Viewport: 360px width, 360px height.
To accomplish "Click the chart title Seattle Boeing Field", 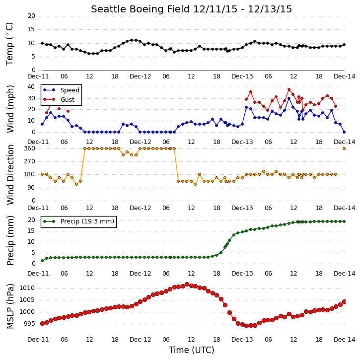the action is click(141, 9).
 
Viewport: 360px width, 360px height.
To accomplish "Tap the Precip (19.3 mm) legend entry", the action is click(79, 221).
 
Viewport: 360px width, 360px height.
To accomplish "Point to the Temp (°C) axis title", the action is click(9, 44).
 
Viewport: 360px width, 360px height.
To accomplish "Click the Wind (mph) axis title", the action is click(10, 109).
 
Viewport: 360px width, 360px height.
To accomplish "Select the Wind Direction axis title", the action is click(10, 174).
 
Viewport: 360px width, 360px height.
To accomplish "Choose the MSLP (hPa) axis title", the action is click(10, 306).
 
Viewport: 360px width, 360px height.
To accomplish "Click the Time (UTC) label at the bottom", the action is click(192, 350).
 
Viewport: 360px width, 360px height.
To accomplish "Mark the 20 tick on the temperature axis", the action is click(31, 16).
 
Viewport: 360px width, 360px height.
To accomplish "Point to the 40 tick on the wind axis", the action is click(31, 87).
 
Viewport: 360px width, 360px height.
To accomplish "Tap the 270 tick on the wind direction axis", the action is click(30, 161).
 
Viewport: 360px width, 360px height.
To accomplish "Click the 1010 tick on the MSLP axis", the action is click(27, 288).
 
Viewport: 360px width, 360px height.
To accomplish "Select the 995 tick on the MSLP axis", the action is click(29, 324).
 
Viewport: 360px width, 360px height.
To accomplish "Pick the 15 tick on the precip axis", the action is click(31, 231).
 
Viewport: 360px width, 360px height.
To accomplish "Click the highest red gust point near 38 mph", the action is click(289, 89).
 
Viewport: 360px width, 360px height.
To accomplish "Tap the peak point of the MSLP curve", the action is click(187, 284).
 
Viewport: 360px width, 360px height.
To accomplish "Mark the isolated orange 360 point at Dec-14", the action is click(344, 148).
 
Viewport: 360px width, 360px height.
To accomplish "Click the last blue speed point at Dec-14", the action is click(344, 132).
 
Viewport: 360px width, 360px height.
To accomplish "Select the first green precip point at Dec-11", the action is click(42, 261).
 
